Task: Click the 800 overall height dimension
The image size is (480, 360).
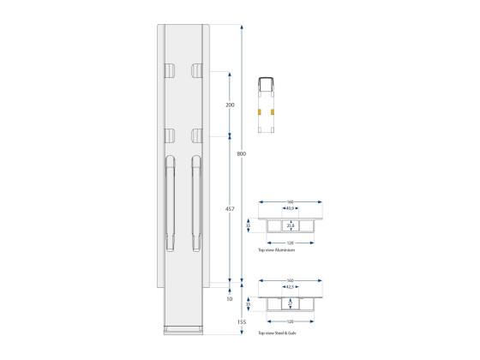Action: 242,153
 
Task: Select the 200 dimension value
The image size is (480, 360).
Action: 230,105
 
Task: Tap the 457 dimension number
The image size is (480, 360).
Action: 230,208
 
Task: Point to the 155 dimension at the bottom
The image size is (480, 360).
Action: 242,321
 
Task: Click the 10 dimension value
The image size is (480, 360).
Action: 230,299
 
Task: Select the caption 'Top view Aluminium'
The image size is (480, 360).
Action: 276,250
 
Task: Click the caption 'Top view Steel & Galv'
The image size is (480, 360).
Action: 277,330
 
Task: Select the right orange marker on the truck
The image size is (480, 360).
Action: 273,111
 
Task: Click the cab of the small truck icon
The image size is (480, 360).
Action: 266,83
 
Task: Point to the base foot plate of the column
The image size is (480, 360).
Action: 183,329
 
